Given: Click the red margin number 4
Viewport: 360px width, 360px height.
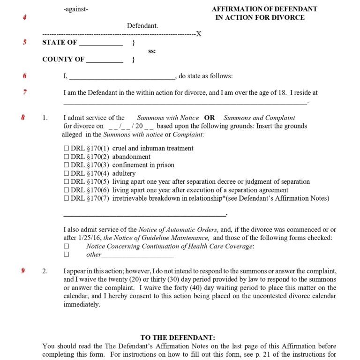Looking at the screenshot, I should click(x=24, y=17).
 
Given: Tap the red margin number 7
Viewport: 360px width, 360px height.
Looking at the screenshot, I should click(x=24, y=92).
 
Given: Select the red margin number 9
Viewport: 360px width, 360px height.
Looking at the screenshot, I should click(x=23, y=271).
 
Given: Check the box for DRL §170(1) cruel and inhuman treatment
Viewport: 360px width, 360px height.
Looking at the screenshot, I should click(x=66, y=148).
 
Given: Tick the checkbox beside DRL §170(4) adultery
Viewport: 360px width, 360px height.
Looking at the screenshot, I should click(x=66, y=173).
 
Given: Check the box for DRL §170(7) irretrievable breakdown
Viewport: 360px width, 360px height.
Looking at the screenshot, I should click(x=66, y=199).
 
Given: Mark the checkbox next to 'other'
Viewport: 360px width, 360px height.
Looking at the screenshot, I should click(x=66, y=255).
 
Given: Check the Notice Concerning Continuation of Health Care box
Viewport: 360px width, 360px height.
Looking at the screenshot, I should click(x=66, y=246).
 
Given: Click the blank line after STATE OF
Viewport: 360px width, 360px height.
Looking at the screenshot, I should click(x=101, y=43).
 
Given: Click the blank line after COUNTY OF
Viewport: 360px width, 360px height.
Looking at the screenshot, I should click(x=105, y=60).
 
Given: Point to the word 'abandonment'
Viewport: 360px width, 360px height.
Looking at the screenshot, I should click(x=131, y=157).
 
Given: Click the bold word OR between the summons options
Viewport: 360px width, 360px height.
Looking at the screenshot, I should click(x=209, y=118).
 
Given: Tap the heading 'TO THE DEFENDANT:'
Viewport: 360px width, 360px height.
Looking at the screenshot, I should click(x=178, y=337).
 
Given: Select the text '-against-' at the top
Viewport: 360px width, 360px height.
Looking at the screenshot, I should click(x=75, y=9).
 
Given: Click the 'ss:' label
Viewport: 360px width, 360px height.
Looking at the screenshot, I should click(x=152, y=51).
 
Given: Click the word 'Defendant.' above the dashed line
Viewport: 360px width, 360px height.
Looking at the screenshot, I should click(x=142, y=26).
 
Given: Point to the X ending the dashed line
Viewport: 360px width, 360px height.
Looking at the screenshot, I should click(x=199, y=34).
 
